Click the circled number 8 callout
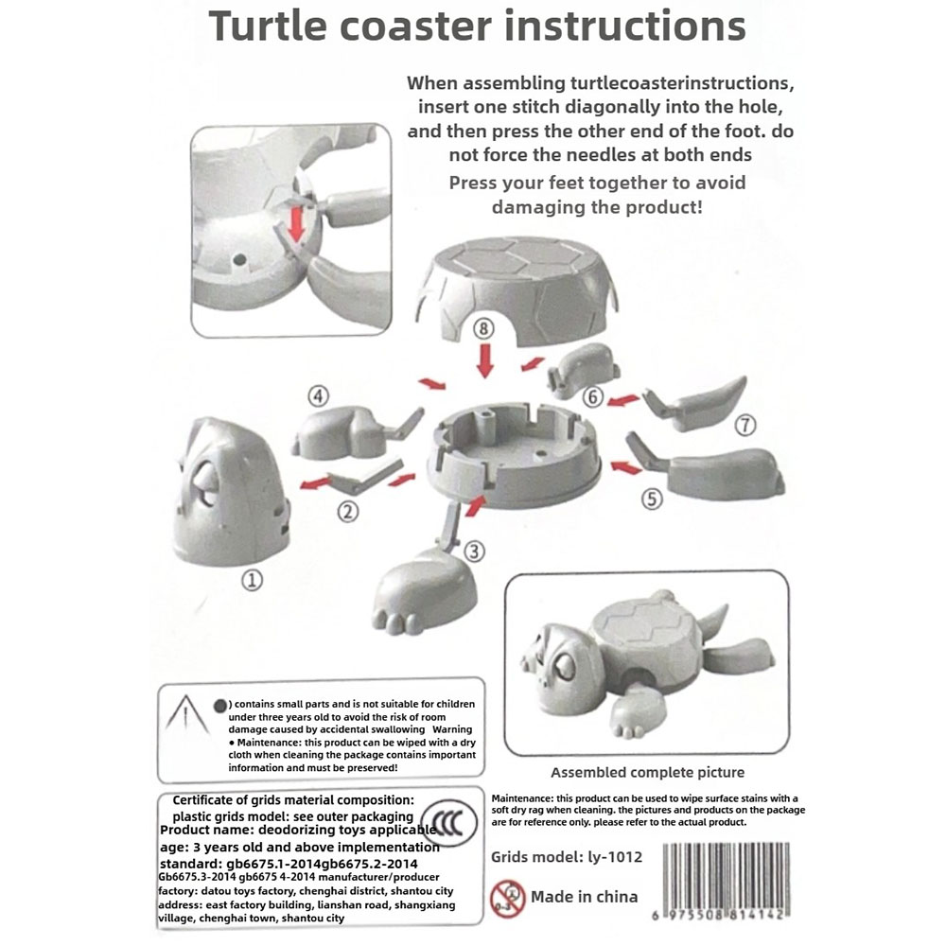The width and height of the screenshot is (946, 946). pyautogui.click(x=483, y=329)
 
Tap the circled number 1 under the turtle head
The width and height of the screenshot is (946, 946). pyautogui.click(x=252, y=580)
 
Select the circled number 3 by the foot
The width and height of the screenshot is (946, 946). pyautogui.click(x=475, y=549)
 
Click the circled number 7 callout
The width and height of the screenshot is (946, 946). pyautogui.click(x=745, y=427)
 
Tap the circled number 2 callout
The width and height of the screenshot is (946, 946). pyautogui.click(x=348, y=513)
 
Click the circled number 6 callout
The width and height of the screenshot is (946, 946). pyautogui.click(x=593, y=397)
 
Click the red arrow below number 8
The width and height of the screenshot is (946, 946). pyautogui.click(x=483, y=362)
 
